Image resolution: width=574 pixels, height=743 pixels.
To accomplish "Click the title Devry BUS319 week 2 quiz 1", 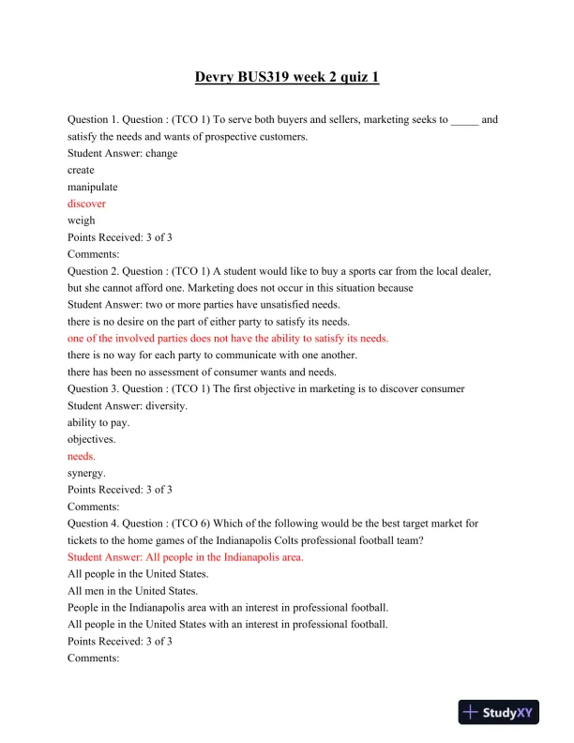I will point(287,77).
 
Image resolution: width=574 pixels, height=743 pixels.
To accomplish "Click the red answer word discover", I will point(86,204).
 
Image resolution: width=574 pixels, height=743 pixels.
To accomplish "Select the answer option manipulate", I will point(93,187).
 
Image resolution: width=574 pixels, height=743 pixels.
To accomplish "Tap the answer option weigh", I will point(81,220).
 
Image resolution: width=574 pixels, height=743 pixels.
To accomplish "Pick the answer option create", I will point(81,170).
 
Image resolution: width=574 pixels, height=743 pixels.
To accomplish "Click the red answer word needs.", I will point(81,456).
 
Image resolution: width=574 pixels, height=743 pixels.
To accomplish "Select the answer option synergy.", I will point(86,473).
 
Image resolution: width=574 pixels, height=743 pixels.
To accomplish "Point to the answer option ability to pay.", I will point(98,422).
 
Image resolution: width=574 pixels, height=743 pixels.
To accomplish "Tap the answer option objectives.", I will point(91,439).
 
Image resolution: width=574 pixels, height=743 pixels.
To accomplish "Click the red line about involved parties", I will point(228,338).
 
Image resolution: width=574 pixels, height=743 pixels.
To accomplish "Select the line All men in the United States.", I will point(132,591).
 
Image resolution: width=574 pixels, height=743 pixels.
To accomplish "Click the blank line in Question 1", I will point(464,120).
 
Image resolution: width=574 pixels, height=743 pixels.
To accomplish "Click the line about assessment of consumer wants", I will point(202,371).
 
